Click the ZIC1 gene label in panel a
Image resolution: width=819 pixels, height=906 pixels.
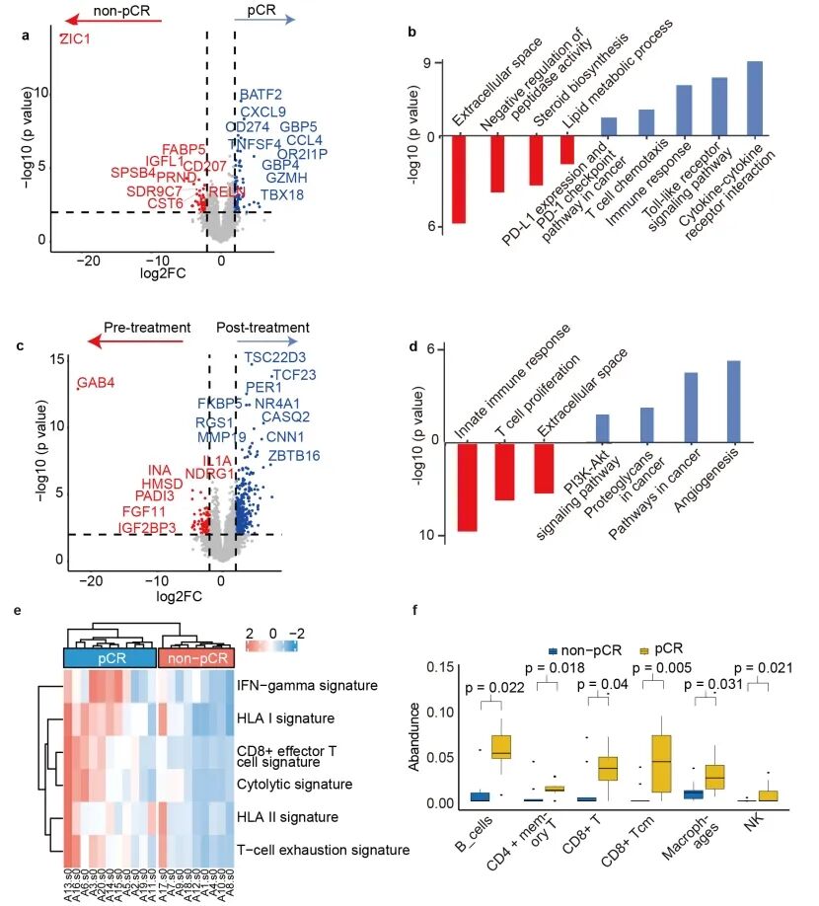(x=75, y=39)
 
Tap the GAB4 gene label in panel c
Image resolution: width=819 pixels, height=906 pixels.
(x=97, y=382)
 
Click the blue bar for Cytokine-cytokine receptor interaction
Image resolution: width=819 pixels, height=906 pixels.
(x=755, y=99)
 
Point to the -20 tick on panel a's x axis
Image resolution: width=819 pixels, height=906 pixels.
(x=90, y=260)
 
